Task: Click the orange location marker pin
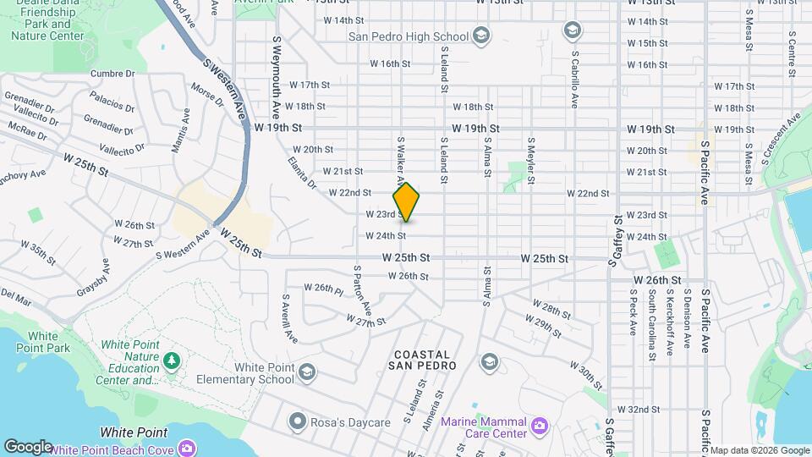click(407, 201)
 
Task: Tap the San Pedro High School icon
click(480, 36)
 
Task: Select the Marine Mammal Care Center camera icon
click(540, 423)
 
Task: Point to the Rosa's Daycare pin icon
click(296, 421)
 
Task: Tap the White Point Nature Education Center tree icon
click(172, 361)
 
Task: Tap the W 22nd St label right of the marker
click(587, 194)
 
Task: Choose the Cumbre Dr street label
click(118, 74)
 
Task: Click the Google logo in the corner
click(27, 446)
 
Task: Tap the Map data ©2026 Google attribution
click(759, 450)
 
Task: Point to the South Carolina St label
click(651, 322)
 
